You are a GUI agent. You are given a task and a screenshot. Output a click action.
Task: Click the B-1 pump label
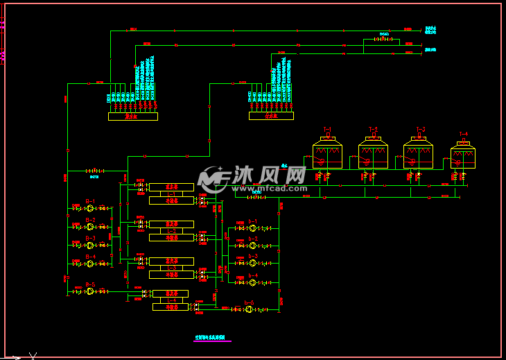point(90,201)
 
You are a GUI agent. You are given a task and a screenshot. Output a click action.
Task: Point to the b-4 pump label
point(253,275)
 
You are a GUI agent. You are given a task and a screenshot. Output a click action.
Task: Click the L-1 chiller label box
point(171,194)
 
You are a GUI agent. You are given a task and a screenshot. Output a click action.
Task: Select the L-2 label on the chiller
point(171,230)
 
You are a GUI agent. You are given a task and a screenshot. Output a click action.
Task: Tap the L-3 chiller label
point(171,268)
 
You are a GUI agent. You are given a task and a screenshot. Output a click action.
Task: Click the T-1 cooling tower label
point(327,130)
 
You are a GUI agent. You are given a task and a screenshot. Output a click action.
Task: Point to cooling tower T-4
point(463,157)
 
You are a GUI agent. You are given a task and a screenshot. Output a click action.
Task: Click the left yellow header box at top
point(132,117)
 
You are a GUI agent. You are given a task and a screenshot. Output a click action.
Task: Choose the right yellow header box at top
point(273,117)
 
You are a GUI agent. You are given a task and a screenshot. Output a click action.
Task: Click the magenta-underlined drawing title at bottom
point(212,338)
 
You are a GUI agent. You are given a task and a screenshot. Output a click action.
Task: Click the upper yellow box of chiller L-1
point(171,187)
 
